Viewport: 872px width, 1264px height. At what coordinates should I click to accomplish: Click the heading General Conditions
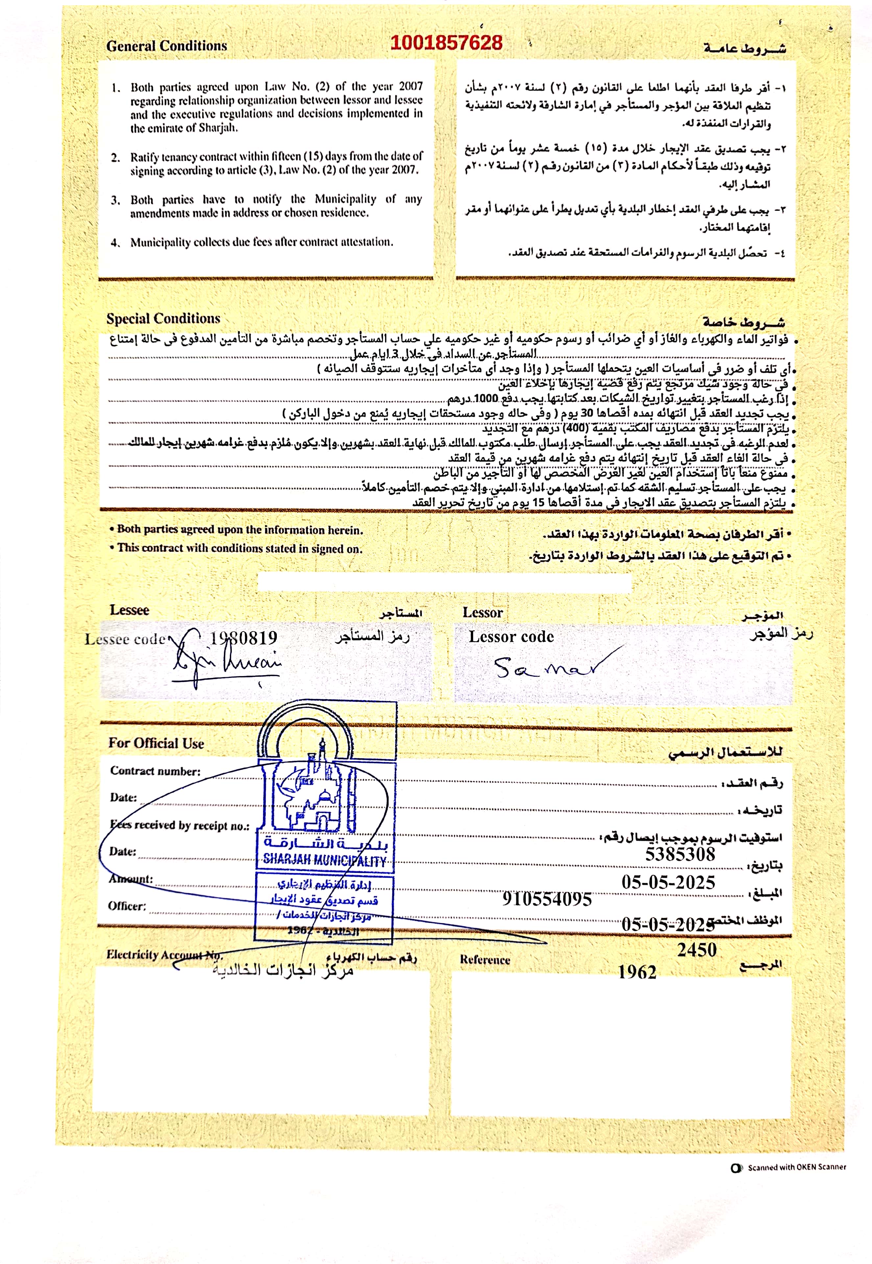point(167,46)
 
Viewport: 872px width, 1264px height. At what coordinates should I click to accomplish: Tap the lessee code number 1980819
point(244,638)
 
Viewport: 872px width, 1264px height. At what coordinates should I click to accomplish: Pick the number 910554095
point(547,899)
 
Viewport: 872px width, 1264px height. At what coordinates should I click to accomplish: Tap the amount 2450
point(697,950)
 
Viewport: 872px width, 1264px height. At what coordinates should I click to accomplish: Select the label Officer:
point(127,906)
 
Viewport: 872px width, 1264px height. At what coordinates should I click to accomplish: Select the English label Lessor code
point(511,637)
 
